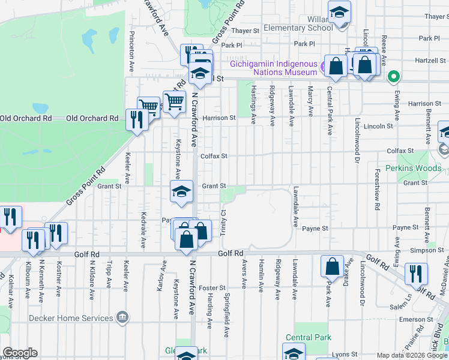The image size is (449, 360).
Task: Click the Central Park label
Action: pos(308,338)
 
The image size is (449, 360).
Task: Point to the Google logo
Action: pos(20,353)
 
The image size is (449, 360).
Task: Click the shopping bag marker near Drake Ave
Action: pos(331,266)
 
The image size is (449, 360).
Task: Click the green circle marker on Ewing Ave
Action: pos(394,76)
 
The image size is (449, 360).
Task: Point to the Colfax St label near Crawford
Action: pos(214,156)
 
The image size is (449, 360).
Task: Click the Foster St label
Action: pos(213,288)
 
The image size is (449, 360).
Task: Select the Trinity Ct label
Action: pos(223,222)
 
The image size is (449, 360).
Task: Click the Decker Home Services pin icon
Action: pos(123,316)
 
